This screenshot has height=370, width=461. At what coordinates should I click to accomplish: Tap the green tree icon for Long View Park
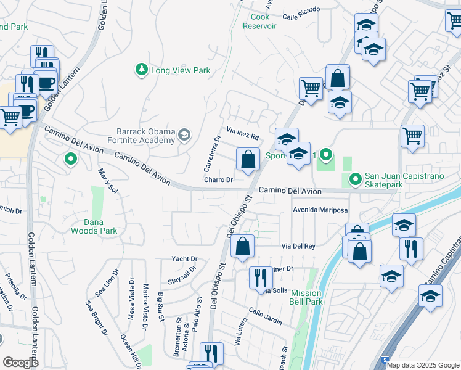coord(141,69)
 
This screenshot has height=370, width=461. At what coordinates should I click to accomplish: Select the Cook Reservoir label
coord(259,22)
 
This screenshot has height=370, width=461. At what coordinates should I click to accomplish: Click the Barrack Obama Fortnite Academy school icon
coord(184,135)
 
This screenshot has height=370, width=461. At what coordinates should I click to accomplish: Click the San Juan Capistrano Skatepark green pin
coord(355,179)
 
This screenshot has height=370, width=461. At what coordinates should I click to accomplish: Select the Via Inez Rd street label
coord(242,134)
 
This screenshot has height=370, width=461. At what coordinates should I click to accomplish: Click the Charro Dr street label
coord(219,180)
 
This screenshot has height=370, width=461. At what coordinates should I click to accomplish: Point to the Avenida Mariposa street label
coord(320,210)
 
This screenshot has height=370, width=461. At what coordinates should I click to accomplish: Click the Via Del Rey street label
coord(298,245)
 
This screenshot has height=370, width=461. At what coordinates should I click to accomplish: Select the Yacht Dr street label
coord(185,259)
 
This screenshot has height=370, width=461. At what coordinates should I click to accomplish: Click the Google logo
coord(21,363)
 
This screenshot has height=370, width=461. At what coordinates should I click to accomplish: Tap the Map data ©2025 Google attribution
coord(423,365)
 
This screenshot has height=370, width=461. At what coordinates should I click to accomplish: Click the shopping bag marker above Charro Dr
coord(247,160)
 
